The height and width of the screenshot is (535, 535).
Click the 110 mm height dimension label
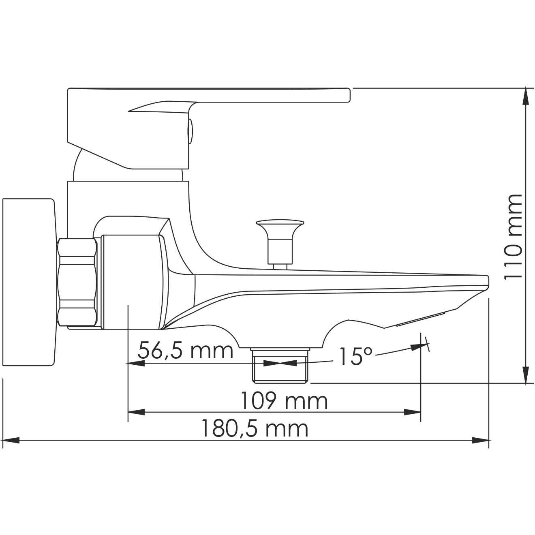(513, 236)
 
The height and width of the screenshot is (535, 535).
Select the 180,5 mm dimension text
(255, 429)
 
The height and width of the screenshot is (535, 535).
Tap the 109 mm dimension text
(284, 401)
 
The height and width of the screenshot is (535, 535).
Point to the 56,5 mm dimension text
(186, 351)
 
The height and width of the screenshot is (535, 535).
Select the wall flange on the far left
(28, 282)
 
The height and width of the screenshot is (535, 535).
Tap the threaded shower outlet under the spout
(280, 366)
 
